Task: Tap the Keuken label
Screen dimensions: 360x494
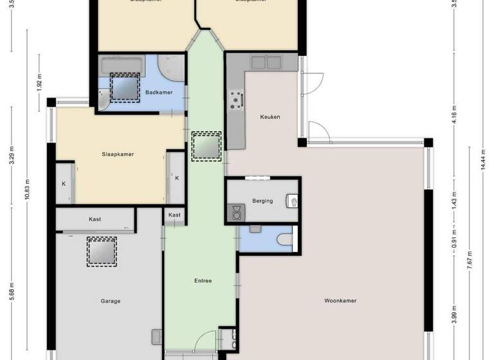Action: pyautogui.click(x=270, y=117)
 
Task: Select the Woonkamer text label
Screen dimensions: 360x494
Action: pyautogui.click(x=340, y=300)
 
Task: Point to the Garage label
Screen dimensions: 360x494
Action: pyautogui.click(x=111, y=300)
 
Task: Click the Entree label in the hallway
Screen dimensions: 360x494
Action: pyautogui.click(x=203, y=281)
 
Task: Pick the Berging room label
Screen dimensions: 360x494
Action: pyautogui.click(x=262, y=201)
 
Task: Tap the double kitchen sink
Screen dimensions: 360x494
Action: pyautogui.click(x=266, y=62)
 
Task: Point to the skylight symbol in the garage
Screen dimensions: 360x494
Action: pyautogui.click(x=102, y=251)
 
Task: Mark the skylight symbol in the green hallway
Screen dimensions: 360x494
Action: pyautogui.click(x=206, y=146)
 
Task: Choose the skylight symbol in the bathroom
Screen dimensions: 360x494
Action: pyautogui.click(x=124, y=87)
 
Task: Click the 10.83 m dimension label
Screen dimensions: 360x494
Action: pyautogui.click(x=28, y=188)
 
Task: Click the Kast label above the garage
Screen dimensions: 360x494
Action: pyautogui.click(x=95, y=219)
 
